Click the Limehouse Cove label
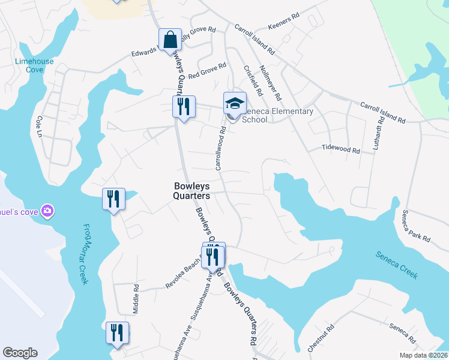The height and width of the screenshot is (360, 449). point(34,65)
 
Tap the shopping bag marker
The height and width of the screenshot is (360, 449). point(170,40)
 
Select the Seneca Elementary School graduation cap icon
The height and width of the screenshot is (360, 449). point(235,103)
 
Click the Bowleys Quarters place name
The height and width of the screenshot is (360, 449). point(191,191)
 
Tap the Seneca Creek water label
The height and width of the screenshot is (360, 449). point(397,264)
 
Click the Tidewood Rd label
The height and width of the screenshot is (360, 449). point(340,148)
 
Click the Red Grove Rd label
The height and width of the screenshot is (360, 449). point(207,71)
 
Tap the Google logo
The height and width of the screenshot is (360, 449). point(20,353)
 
